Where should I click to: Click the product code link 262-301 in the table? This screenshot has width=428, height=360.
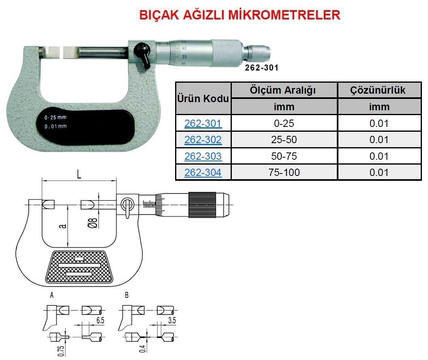pyautogui.click(x=203, y=123)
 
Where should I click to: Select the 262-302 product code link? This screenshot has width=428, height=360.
pyautogui.click(x=203, y=140)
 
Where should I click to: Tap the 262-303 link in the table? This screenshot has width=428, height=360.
pyautogui.click(x=203, y=156)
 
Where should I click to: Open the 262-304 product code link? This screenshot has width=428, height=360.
pyautogui.click(x=203, y=172)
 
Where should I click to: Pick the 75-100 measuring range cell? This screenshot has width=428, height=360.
pyautogui.click(x=284, y=172)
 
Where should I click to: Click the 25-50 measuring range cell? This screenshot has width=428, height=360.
pyautogui.click(x=284, y=140)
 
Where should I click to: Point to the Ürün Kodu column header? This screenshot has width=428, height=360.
pyautogui.click(x=203, y=99)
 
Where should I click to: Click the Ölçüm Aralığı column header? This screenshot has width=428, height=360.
pyautogui.click(x=284, y=90)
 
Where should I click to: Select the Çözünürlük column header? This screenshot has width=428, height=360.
pyautogui.click(x=378, y=90)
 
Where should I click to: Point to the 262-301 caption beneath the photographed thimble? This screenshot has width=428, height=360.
pyautogui.click(x=261, y=68)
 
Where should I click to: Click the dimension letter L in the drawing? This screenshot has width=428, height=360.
pyautogui.click(x=79, y=176)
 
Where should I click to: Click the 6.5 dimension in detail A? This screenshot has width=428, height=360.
pyautogui.click(x=101, y=320)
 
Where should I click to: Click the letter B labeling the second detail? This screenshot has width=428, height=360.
pyautogui.click(x=126, y=296)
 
